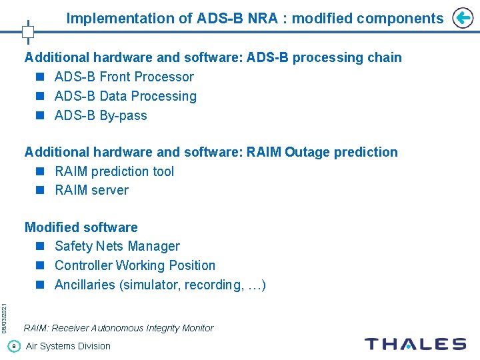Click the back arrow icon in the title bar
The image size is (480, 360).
pos(462,18)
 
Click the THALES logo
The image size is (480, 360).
pos(415,345)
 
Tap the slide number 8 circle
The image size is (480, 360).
pos(14,346)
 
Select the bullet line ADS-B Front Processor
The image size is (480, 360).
pos(124,77)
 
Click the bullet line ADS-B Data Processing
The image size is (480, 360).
pos(125,96)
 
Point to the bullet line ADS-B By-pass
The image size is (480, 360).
pos(101,115)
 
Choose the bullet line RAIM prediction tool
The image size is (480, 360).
pos(114,171)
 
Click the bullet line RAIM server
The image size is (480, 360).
pos(91,190)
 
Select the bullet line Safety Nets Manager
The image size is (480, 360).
pos(117,246)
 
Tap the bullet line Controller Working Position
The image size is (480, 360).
pos(135,265)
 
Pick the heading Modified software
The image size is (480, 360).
pos(81,227)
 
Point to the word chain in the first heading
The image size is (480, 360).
pos(385,57)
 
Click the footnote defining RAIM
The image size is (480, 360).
pos(119,328)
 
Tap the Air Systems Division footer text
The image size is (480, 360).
pos(68,346)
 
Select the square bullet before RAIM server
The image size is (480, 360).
pos(41,190)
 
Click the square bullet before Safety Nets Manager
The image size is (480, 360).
pos(41,246)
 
